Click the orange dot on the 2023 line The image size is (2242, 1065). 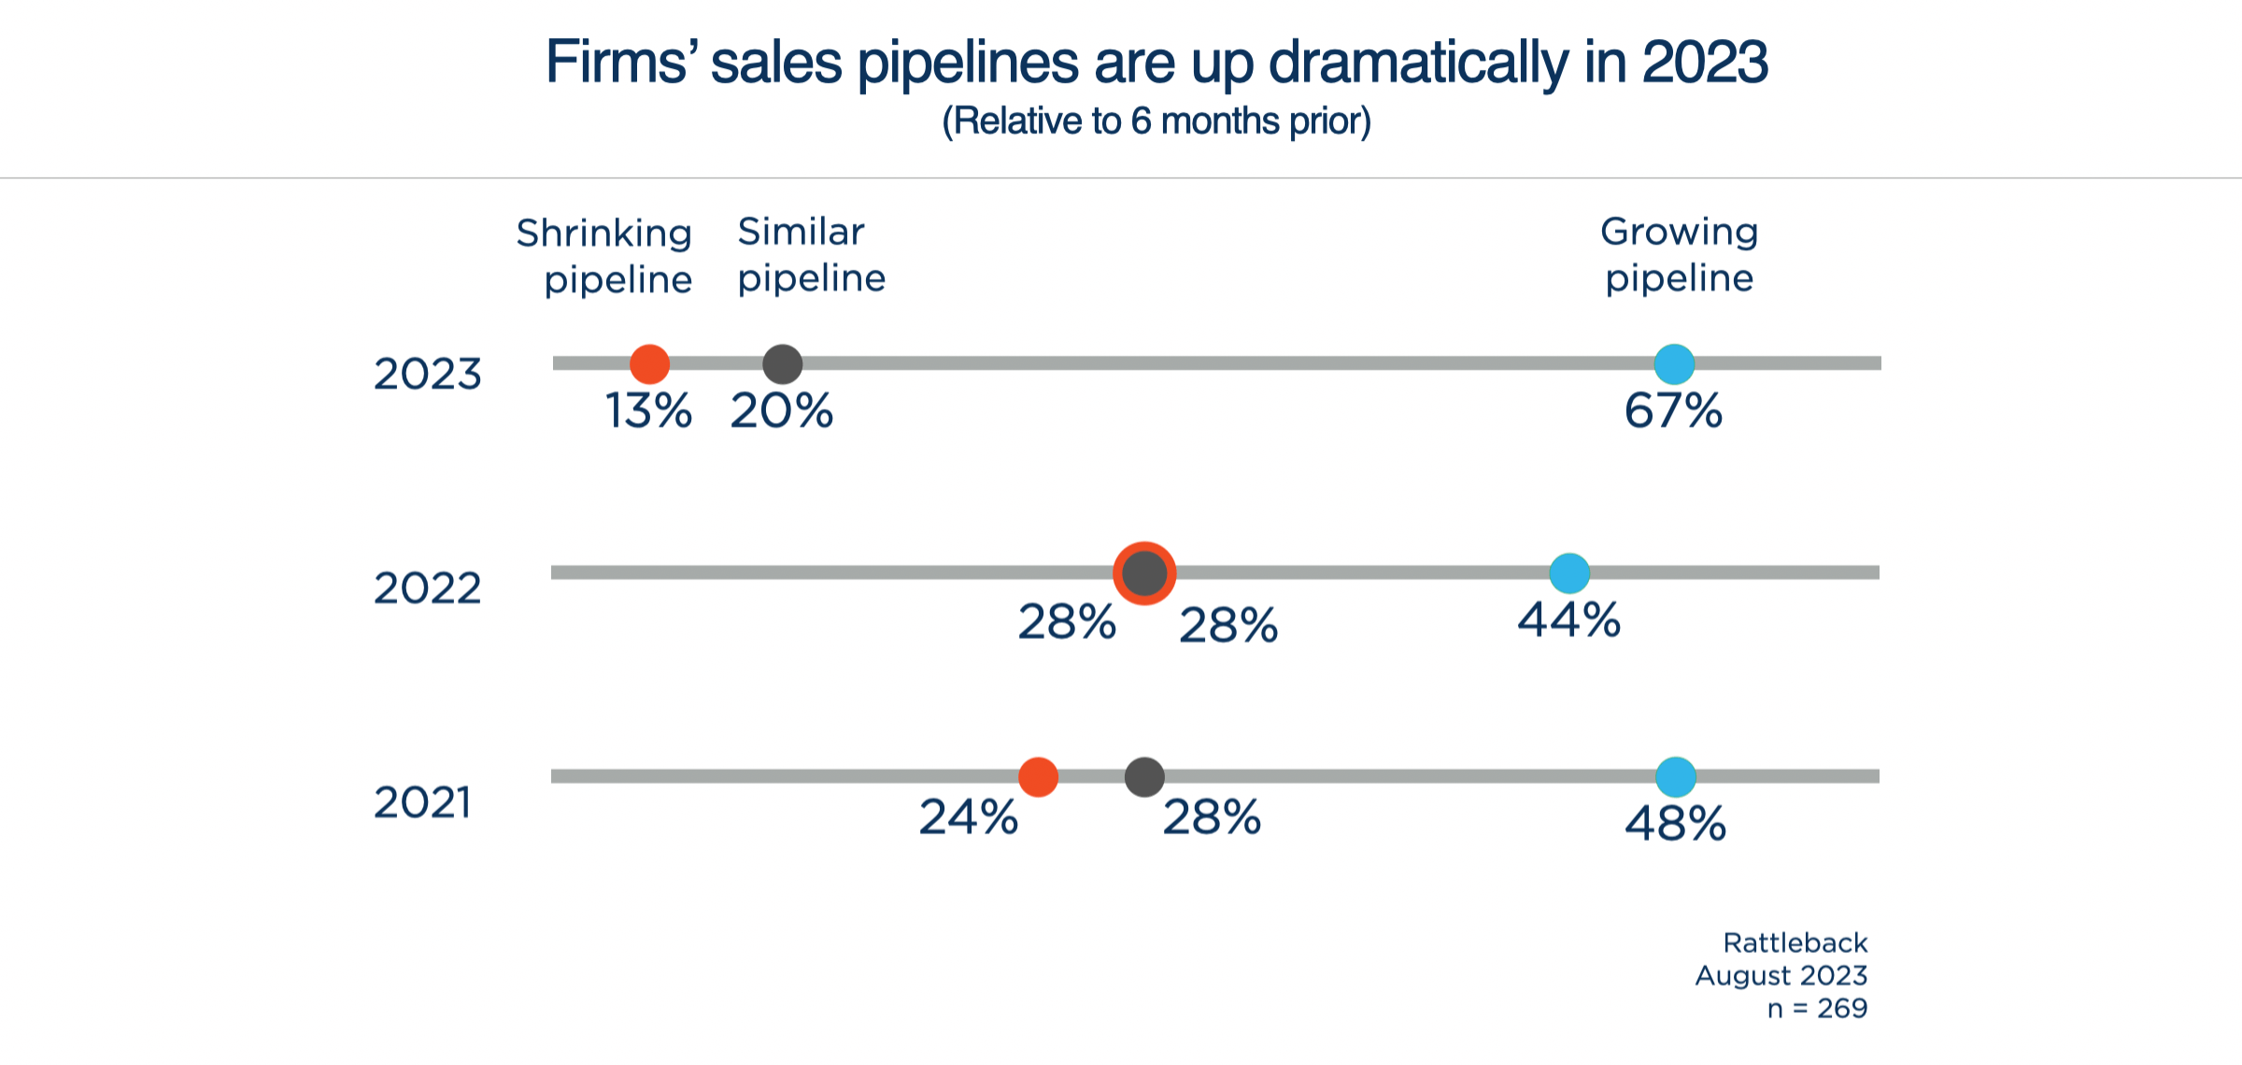(x=649, y=364)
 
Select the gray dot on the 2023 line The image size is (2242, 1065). (x=783, y=364)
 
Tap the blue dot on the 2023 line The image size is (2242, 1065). (x=1674, y=364)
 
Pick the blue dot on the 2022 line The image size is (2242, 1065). (x=1569, y=573)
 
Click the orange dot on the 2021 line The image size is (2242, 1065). (x=1038, y=776)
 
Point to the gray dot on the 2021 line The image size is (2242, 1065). (x=1144, y=776)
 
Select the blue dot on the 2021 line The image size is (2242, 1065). (x=1676, y=776)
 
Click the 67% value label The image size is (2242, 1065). (x=1673, y=411)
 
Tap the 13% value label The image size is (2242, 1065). (x=648, y=411)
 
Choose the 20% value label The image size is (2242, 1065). (x=782, y=411)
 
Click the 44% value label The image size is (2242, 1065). (x=1568, y=620)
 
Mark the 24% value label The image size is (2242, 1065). (x=968, y=817)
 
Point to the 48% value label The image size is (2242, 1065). (x=1675, y=824)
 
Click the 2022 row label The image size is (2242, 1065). (x=427, y=589)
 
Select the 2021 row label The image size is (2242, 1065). (x=422, y=802)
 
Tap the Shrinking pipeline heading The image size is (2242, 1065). (x=605, y=256)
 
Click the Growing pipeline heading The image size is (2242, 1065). (x=1679, y=255)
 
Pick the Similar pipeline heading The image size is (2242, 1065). (x=811, y=255)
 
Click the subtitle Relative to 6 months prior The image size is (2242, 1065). (x=1156, y=121)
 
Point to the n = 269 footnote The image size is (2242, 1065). (x=1817, y=1009)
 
